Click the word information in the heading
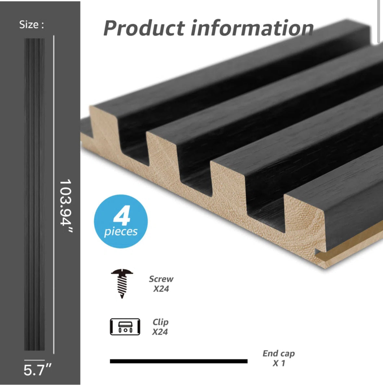pyautogui.click(x=252, y=28)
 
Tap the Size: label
pyautogui.click(x=31, y=25)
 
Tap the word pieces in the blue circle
pyautogui.click(x=121, y=232)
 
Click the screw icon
pyautogui.click(x=122, y=283)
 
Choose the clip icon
pyautogui.click(x=125, y=326)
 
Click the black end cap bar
pyautogui.click(x=178, y=361)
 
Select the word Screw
pyautogui.click(x=161, y=279)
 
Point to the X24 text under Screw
pyautogui.click(x=161, y=289)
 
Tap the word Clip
pyautogui.click(x=160, y=322)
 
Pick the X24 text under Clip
pyautogui.click(x=160, y=332)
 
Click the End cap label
pyautogui.click(x=279, y=353)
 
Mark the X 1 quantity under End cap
pyautogui.click(x=279, y=363)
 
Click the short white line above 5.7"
pyautogui.click(x=34, y=360)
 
